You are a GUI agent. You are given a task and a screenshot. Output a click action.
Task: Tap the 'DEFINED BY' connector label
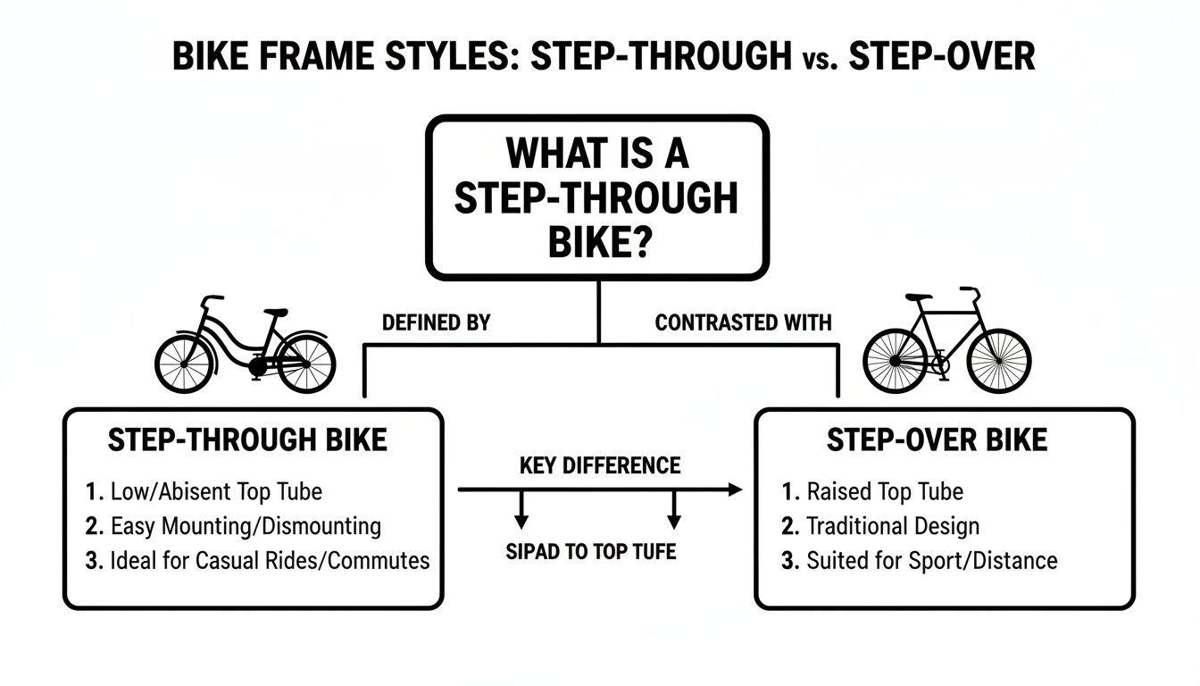pyautogui.click(x=436, y=322)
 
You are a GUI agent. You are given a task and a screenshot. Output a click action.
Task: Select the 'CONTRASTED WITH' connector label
pyautogui.click(x=743, y=322)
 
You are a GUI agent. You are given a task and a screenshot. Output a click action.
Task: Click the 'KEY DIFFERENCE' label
pyautogui.click(x=600, y=465)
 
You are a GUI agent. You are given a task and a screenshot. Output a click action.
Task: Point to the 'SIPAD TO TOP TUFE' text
pyautogui.click(x=591, y=551)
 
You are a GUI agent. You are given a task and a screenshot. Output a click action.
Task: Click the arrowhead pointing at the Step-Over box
pyautogui.click(x=735, y=489)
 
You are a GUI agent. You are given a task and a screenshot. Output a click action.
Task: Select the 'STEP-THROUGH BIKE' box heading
pyautogui.click(x=247, y=440)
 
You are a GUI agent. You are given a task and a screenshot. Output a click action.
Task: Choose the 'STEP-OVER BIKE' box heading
pyautogui.click(x=937, y=440)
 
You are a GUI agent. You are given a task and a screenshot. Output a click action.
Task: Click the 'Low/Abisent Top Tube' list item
pyautogui.click(x=216, y=491)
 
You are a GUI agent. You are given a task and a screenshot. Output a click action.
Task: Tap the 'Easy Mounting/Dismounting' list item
pyautogui.click(x=246, y=526)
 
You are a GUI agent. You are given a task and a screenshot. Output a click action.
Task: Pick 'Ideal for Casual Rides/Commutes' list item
pyautogui.click(x=270, y=561)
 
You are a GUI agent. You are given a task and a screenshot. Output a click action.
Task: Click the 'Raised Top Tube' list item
pyautogui.click(x=885, y=491)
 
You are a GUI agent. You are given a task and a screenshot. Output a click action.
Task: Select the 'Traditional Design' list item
pyautogui.click(x=893, y=526)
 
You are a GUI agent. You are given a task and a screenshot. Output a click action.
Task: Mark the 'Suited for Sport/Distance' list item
pyautogui.click(x=932, y=561)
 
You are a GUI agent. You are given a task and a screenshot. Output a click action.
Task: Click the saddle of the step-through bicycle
pyautogui.click(x=276, y=312)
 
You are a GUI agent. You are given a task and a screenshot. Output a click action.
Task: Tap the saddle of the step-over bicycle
pyautogui.click(x=919, y=297)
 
